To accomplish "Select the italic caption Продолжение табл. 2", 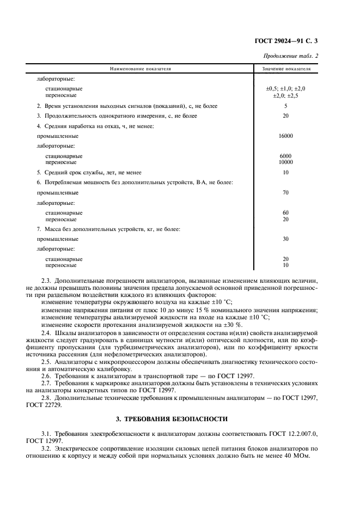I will coord(291,56).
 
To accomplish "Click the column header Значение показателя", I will coord(286,70).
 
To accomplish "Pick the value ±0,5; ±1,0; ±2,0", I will coord(285,88).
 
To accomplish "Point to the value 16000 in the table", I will coord(285,136).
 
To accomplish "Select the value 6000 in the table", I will coord(285,156).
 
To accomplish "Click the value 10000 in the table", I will coord(285,162).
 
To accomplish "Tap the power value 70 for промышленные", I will coord(285,192).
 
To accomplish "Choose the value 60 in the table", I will coord(285,212).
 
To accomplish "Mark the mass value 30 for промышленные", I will coord(285,239).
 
